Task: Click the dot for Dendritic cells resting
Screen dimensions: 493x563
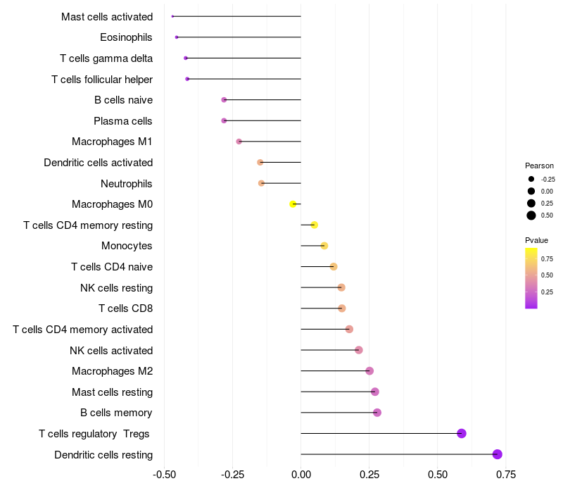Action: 498,454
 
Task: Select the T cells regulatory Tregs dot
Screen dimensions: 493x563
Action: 462,433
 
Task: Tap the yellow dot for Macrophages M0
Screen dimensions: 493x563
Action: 293,204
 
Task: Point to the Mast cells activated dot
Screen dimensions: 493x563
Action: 172,16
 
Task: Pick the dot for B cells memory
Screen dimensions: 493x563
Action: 377,412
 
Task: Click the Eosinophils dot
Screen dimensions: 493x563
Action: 177,37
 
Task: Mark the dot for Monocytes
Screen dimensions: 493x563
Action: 324,246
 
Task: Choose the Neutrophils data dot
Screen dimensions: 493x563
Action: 262,183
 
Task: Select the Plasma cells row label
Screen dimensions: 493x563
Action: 123,121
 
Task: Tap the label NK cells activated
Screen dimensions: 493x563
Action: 111,350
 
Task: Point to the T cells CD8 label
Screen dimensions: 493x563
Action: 126,308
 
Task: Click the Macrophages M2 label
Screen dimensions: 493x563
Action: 112,371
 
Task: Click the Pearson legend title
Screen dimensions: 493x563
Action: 539,166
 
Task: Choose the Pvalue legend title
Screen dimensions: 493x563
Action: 537,240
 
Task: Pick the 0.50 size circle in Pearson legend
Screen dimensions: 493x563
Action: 531,216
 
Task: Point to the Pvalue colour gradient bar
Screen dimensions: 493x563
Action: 531,278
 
